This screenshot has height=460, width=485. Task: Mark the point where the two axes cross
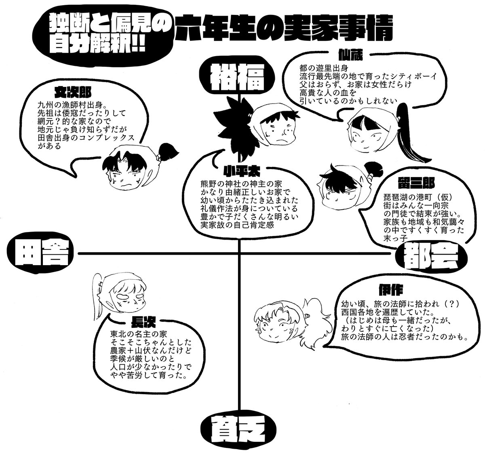click(x=240, y=253)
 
